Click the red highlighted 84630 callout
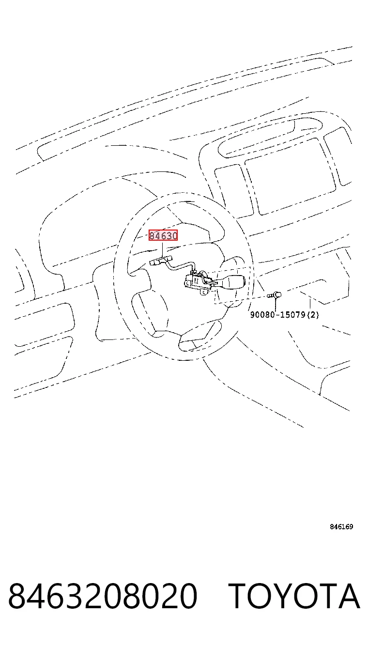(x=163, y=236)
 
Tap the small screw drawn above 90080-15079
(x=274, y=295)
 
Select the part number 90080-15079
(x=278, y=315)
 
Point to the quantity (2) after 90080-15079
(x=313, y=315)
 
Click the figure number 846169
(x=341, y=527)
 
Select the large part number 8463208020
(x=103, y=596)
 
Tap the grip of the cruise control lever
(x=233, y=281)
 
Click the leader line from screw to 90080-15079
(x=275, y=305)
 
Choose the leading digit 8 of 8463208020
(x=17, y=596)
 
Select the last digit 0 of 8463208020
(x=188, y=596)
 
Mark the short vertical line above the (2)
(x=310, y=305)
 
